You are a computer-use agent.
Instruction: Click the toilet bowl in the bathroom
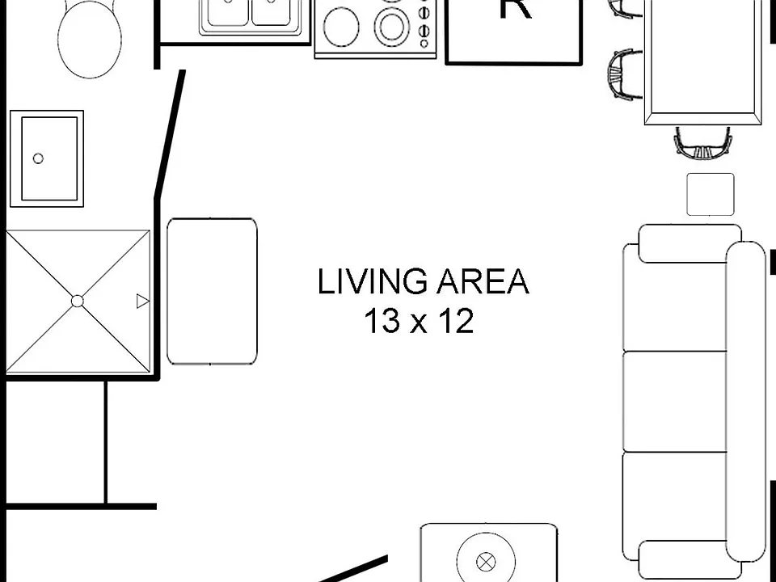pos(90,39)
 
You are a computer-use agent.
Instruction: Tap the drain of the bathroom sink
pos(38,158)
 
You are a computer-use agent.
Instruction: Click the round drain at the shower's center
pos(78,301)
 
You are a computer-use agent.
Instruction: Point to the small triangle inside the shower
pos(142,301)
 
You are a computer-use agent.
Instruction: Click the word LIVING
pos(372,281)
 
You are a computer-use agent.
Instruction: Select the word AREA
pos(483,281)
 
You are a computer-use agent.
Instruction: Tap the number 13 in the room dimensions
pos(382,321)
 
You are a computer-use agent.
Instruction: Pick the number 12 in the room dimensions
pos(456,321)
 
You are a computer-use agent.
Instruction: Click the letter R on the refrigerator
pos(516,7)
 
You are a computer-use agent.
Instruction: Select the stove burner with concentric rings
pos(392,26)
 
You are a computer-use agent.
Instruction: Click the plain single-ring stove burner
pos(341,26)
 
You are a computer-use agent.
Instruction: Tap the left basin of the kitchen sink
pos(228,12)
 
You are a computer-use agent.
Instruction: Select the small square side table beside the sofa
pos(711,194)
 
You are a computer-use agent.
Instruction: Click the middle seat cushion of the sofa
pos(675,402)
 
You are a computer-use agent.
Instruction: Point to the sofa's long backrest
pos(746,402)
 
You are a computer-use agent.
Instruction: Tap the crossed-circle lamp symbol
pos(486,563)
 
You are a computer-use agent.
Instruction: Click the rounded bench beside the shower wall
pos(212,291)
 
